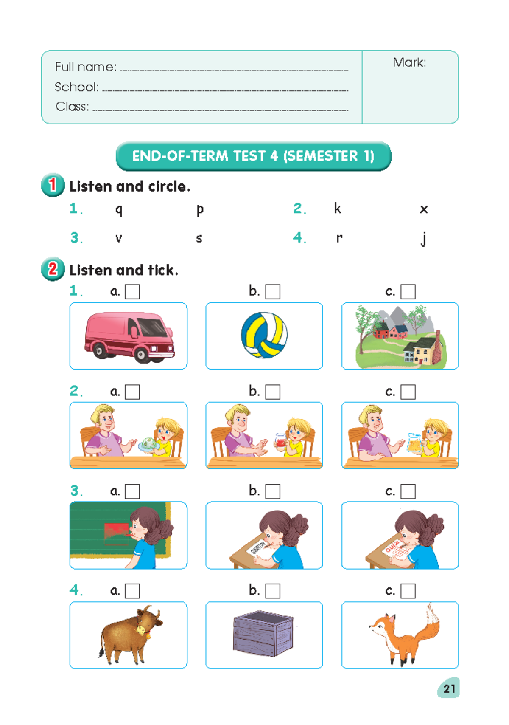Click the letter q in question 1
[119, 209]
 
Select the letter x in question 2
[423, 209]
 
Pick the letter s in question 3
[199, 238]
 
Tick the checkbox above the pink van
[132, 292]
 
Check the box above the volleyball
[273, 292]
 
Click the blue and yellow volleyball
[264, 335]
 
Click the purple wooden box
[263, 633]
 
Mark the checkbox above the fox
[408, 591]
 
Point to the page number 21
[449, 688]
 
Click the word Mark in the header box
[409, 63]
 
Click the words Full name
[85, 67]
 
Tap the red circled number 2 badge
[53, 269]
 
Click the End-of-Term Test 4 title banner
[253, 156]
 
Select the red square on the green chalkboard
[116, 533]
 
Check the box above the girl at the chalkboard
[132, 491]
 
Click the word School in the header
[76, 87]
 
